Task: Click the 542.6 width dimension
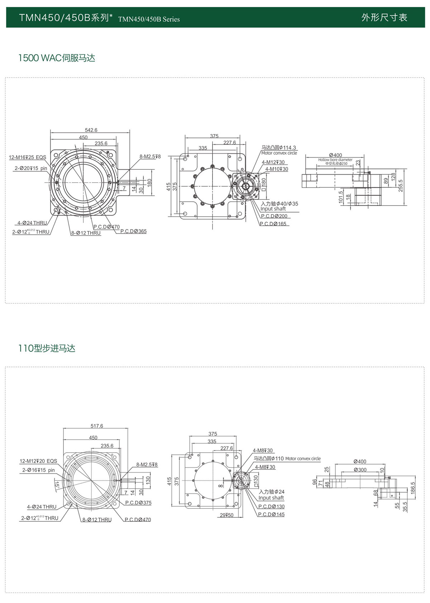[91, 130]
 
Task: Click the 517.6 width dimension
[97, 426]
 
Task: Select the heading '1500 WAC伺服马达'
[57, 58]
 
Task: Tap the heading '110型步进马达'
[47, 348]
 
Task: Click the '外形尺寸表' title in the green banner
[384, 18]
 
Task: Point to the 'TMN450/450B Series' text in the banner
[149, 19]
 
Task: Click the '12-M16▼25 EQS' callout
[28, 157]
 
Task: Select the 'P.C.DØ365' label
[133, 231]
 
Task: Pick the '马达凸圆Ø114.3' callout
[279, 148]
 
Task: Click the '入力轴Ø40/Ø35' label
[279, 203]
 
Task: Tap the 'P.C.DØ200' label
[274, 216]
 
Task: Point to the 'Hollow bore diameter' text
[335, 160]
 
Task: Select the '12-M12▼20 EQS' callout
[38, 461]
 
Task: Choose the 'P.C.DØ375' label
[138, 503]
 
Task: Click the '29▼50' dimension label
[226, 515]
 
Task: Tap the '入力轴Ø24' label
[271, 492]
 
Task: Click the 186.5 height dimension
[413, 488]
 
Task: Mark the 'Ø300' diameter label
[360, 469]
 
